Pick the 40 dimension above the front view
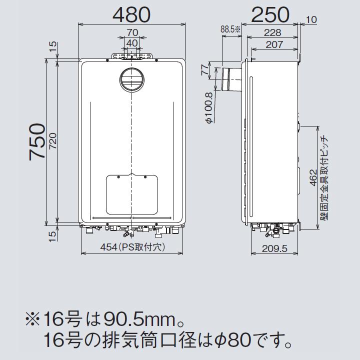(x=131, y=43)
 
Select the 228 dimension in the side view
(x=272, y=33)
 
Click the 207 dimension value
(x=274, y=44)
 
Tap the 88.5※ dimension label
(x=230, y=29)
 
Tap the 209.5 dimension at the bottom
(x=274, y=248)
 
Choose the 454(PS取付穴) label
(x=131, y=247)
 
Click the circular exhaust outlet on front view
(x=131, y=80)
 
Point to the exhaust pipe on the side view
(x=230, y=78)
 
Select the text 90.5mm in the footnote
(x=131, y=318)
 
